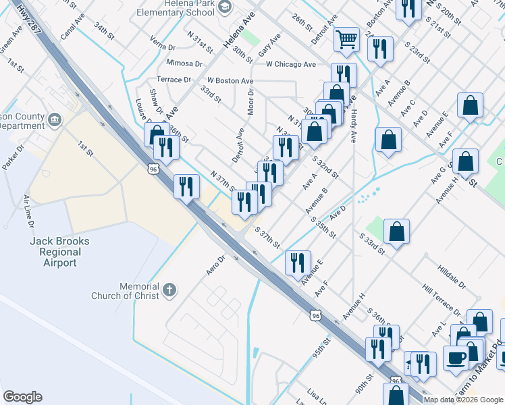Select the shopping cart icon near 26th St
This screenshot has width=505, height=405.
click(x=346, y=39)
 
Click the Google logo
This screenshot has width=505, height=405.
click(x=22, y=397)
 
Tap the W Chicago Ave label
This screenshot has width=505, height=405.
click(x=291, y=65)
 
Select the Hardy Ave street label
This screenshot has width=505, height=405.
click(x=354, y=126)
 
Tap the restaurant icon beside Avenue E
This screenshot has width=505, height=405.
click(x=298, y=263)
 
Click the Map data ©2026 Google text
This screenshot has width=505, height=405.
click(x=463, y=400)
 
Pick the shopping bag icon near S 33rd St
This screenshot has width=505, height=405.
click(x=396, y=232)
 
